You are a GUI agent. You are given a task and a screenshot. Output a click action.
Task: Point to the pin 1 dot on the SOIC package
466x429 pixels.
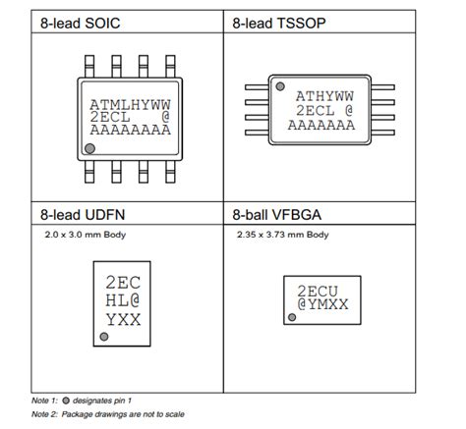pos(91,147)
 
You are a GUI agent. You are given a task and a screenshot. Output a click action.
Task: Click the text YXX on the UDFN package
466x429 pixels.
pos(123,320)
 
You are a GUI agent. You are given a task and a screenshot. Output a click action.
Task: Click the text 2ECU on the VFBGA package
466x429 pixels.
pos(319,291)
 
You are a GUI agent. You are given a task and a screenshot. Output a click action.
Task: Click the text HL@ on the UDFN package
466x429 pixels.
pos(123,300)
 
